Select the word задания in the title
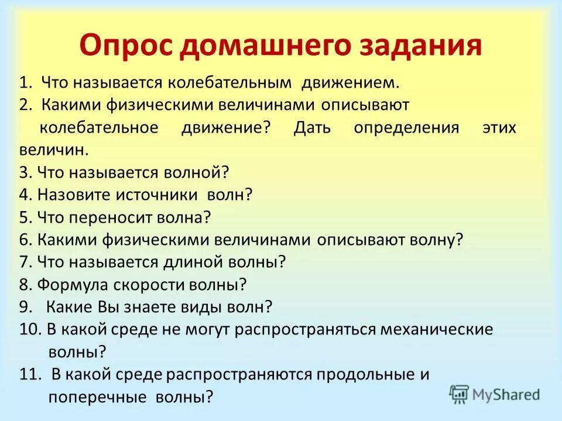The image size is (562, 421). coord(426,46)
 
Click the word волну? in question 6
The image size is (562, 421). coord(435,240)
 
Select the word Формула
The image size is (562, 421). coord(71,285)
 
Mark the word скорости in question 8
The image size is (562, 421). coord(148,285)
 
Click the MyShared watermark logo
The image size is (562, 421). coord(495,394)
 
